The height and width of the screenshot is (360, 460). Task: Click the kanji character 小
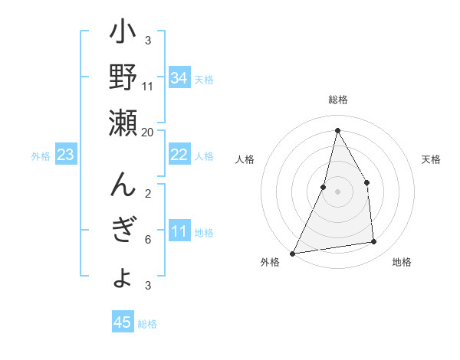[x=123, y=35]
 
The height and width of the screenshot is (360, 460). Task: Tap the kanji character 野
[x=123, y=78]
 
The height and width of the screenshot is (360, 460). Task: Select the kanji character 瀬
[x=123, y=122]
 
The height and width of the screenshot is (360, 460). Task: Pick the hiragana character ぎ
[x=123, y=231]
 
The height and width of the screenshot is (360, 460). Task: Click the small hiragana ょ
[x=123, y=277]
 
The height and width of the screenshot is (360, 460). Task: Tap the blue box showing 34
[x=179, y=78]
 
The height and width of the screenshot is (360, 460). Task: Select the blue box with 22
[x=179, y=155]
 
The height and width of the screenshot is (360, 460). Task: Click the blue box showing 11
[x=179, y=232]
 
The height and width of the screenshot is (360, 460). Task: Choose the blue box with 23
[x=65, y=155]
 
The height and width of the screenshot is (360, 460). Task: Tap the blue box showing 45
[x=122, y=322]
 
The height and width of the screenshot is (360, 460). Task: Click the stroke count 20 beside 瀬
[x=148, y=132]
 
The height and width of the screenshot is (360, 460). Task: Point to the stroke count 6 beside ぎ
[x=148, y=240]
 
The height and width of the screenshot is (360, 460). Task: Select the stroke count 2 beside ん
[x=148, y=193]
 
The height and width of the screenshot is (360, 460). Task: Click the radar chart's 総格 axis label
[x=337, y=100]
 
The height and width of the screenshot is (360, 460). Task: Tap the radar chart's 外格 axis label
[x=270, y=263]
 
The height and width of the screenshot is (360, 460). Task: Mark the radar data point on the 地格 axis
[x=374, y=242]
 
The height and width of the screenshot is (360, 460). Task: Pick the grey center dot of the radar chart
[x=337, y=191]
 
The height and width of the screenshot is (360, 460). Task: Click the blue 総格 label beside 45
[x=147, y=324]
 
